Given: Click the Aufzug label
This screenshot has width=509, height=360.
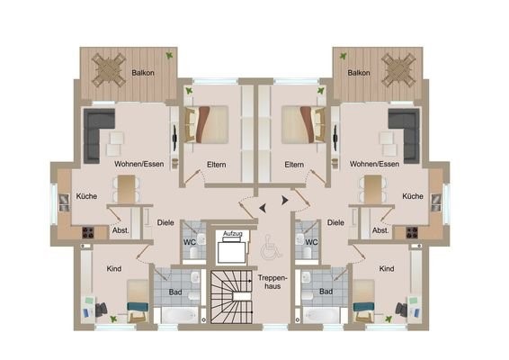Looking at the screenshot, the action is click(x=232, y=234).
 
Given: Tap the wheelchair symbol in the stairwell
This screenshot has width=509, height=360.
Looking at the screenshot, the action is click(x=269, y=247).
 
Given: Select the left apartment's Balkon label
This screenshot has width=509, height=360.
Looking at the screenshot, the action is click(x=143, y=73).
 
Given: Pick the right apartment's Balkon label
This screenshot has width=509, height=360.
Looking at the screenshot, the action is click(x=359, y=73).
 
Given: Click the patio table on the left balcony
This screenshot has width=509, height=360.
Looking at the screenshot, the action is click(x=109, y=70).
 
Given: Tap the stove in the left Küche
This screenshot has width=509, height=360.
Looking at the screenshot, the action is click(x=88, y=232).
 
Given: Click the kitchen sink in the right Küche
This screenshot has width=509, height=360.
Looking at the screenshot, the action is click(x=435, y=202).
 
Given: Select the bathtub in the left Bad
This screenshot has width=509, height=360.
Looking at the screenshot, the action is click(x=180, y=314).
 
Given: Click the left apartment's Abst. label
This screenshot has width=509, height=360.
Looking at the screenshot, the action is click(x=121, y=230).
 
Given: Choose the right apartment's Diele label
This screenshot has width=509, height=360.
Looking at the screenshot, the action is click(x=335, y=223).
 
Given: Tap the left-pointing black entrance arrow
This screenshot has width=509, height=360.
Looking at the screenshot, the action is click(x=263, y=208).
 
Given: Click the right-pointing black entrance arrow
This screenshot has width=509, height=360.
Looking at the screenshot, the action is click(x=285, y=201).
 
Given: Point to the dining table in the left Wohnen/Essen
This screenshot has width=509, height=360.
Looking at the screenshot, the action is click(x=126, y=189).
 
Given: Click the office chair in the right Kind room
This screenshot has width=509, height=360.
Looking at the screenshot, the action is click(x=401, y=310).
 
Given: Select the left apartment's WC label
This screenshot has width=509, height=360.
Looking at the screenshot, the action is click(x=189, y=242).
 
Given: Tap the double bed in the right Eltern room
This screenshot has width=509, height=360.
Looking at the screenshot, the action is click(x=304, y=125).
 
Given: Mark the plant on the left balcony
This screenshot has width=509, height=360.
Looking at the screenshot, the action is click(x=169, y=56).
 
